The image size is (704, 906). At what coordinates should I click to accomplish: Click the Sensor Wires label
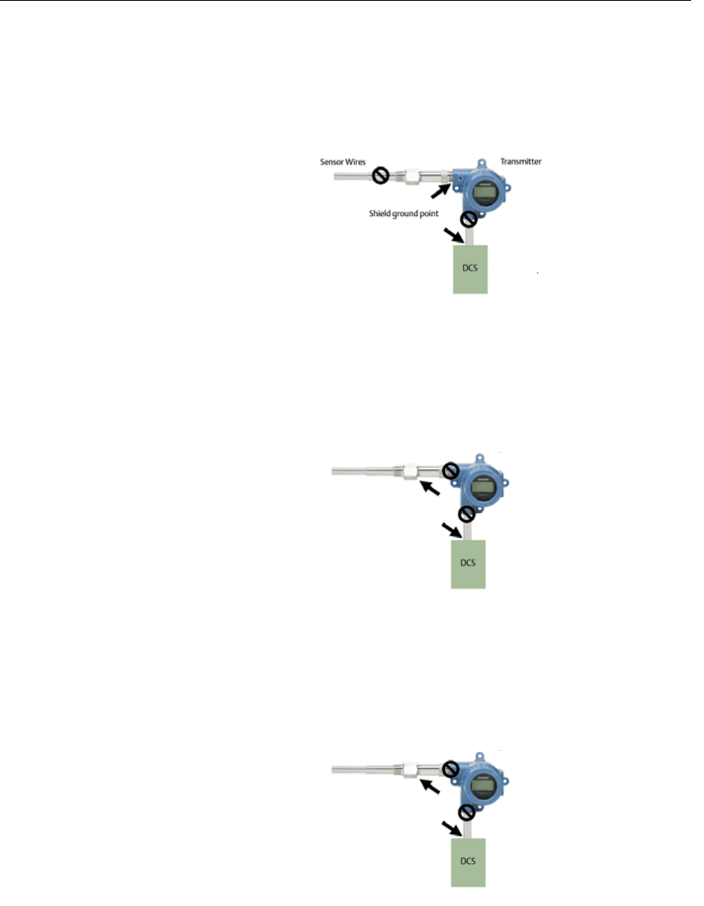click(x=343, y=162)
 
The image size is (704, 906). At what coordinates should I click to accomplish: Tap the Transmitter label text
click(x=520, y=161)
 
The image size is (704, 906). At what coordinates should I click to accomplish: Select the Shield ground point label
click(x=403, y=213)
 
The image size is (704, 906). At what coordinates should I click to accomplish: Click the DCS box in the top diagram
click(x=470, y=268)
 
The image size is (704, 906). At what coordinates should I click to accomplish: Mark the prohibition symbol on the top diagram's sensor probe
click(x=380, y=176)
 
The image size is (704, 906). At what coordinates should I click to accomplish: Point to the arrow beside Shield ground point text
click(x=441, y=190)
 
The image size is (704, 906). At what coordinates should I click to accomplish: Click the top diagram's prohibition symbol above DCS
click(x=469, y=219)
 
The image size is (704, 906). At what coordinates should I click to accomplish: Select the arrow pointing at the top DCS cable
click(x=453, y=236)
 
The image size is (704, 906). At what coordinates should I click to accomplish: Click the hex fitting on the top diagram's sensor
click(x=412, y=176)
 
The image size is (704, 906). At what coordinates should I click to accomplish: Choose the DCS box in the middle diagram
click(x=468, y=563)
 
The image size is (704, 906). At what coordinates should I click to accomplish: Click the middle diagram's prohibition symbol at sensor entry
click(x=450, y=470)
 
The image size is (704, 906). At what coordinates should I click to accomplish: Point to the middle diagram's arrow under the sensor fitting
click(x=430, y=488)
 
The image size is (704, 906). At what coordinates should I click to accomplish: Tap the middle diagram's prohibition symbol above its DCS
click(x=467, y=514)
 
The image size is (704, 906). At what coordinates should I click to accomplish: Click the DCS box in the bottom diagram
click(x=468, y=861)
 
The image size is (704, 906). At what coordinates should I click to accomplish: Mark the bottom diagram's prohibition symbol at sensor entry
click(x=450, y=769)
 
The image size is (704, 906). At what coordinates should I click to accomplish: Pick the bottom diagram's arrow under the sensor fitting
click(x=430, y=786)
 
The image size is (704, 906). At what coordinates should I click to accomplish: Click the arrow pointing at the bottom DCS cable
click(x=451, y=828)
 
